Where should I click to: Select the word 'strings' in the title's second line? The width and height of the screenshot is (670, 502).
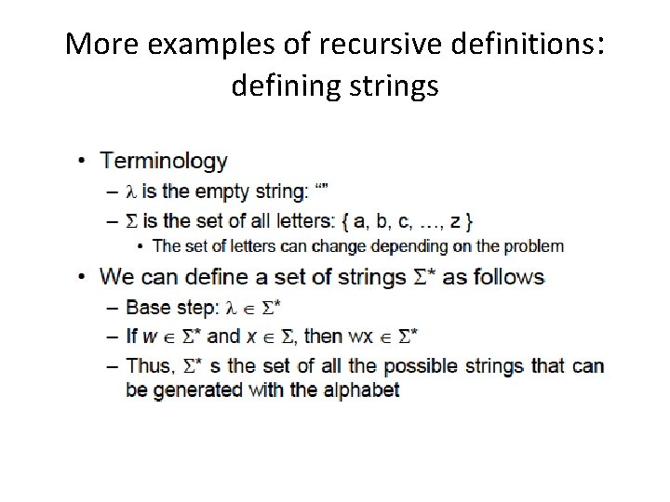click(391, 86)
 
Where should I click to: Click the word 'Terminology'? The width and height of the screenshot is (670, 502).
click(164, 161)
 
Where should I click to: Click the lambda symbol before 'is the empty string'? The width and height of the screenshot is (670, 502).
click(131, 193)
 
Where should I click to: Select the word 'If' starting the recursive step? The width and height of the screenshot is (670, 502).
click(131, 336)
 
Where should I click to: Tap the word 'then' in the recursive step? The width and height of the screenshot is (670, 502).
click(352, 336)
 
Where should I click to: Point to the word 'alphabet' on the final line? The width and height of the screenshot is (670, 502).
click(362, 390)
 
